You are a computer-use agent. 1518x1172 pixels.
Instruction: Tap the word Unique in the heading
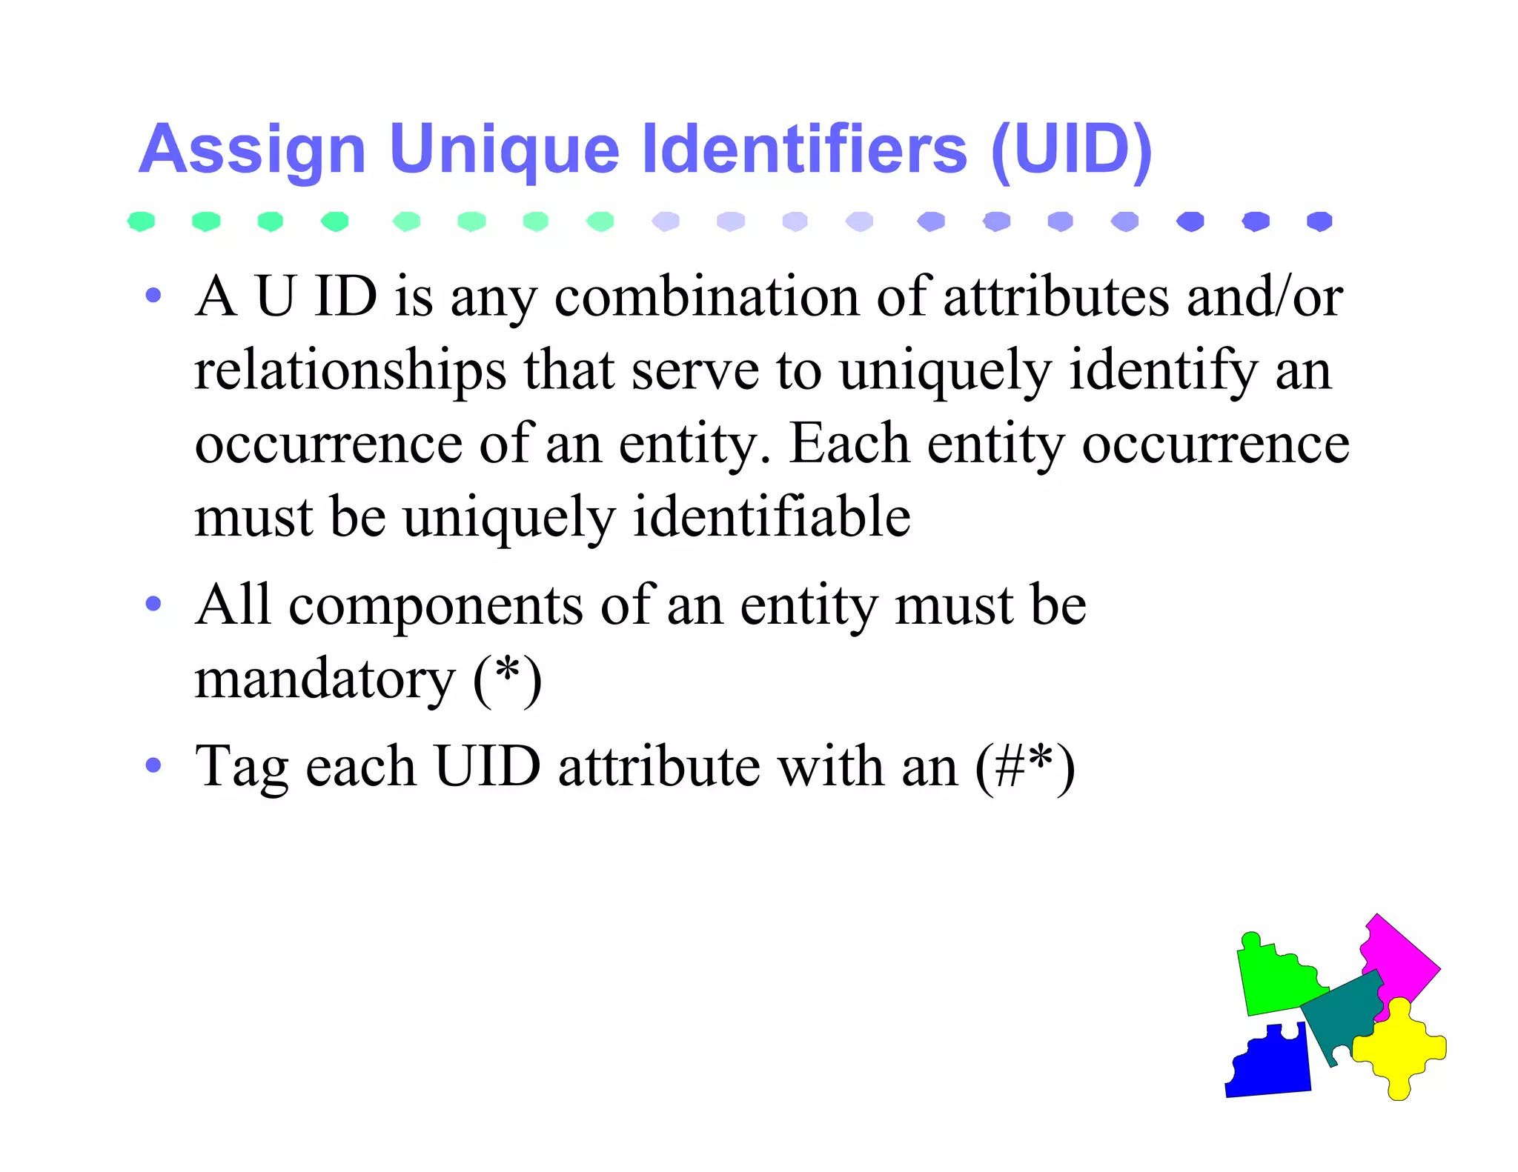pos(503,150)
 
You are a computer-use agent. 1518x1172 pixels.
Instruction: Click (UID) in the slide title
pos(1071,150)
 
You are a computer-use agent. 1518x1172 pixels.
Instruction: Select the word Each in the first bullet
pos(849,443)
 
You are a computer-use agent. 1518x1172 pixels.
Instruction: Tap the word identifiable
pos(772,516)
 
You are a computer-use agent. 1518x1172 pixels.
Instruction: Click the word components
pos(435,606)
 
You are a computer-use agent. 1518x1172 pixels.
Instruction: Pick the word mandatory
pos(325,679)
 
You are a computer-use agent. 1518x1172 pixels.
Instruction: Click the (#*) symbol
pos(1024,767)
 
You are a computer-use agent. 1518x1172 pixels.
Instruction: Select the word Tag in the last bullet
pos(242,768)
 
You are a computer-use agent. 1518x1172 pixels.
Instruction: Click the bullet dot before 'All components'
pos(153,604)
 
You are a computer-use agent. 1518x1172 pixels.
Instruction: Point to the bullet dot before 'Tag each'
pos(153,765)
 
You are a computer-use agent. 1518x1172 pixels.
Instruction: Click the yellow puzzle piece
pos(1397,1048)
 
